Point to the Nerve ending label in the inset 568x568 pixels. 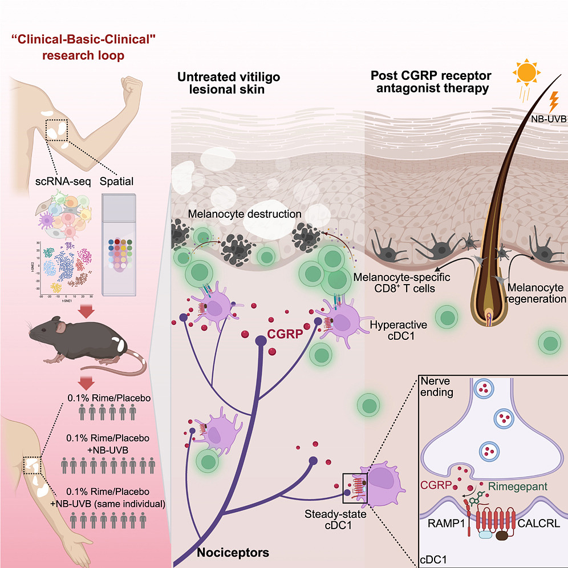(436, 387)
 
